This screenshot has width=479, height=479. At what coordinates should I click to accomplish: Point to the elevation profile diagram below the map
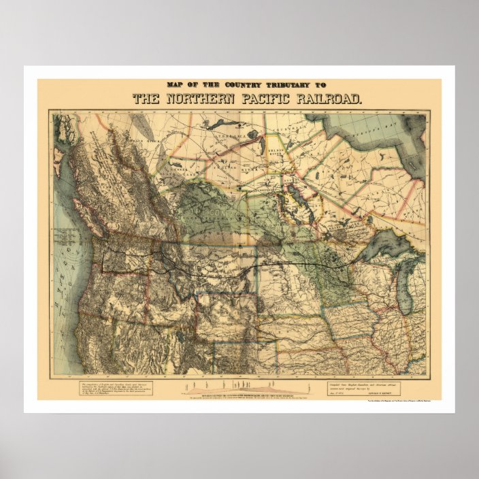(245, 389)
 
